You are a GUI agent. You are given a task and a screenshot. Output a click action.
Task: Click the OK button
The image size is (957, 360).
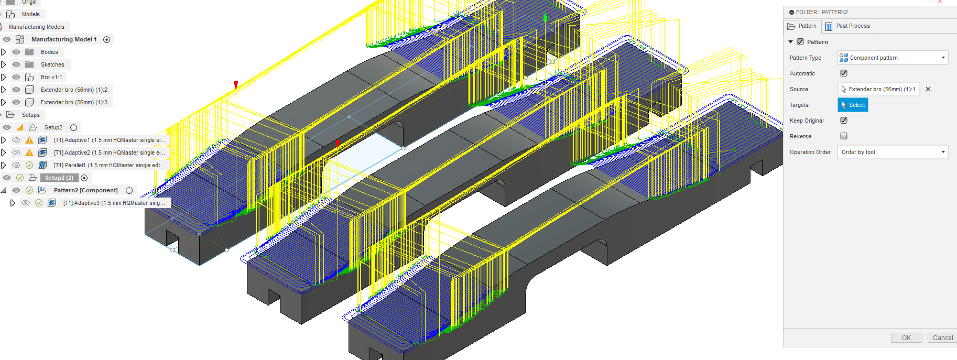click(x=906, y=338)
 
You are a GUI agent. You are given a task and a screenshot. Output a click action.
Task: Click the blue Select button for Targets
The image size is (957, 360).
click(x=853, y=105)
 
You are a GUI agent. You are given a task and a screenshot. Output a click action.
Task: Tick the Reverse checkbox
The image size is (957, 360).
click(x=844, y=136)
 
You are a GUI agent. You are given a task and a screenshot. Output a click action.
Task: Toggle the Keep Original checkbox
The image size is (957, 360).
click(x=844, y=121)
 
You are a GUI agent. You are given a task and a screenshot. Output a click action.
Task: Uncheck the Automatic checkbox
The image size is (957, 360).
click(x=844, y=73)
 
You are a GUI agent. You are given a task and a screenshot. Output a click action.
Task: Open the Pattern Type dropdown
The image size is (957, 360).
click(x=893, y=58)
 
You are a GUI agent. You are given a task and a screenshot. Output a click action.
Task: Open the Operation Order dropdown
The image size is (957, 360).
click(x=893, y=152)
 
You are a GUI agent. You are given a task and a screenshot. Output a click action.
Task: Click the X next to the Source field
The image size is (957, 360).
click(x=928, y=89)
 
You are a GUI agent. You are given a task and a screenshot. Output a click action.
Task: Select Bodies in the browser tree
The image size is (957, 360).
click(x=49, y=52)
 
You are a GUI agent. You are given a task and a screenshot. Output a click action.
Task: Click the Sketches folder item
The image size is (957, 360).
click(x=52, y=64)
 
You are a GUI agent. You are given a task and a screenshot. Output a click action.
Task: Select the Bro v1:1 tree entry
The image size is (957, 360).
click(x=51, y=77)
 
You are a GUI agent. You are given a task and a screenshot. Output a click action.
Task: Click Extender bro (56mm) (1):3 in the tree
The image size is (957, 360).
click(x=74, y=102)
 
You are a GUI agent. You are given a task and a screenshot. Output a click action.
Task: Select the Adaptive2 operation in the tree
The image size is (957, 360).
click(x=109, y=152)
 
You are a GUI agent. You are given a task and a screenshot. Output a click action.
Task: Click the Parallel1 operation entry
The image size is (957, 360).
click(x=109, y=165)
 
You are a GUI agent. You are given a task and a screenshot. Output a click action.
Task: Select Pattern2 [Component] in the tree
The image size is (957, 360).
click(x=85, y=190)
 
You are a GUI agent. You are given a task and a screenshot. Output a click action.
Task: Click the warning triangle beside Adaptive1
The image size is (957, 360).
click(x=29, y=140)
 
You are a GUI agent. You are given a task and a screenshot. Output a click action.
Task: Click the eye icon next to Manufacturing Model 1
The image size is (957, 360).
click(x=7, y=39)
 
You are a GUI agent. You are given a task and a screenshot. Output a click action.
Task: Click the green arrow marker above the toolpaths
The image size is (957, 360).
click(x=545, y=18)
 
